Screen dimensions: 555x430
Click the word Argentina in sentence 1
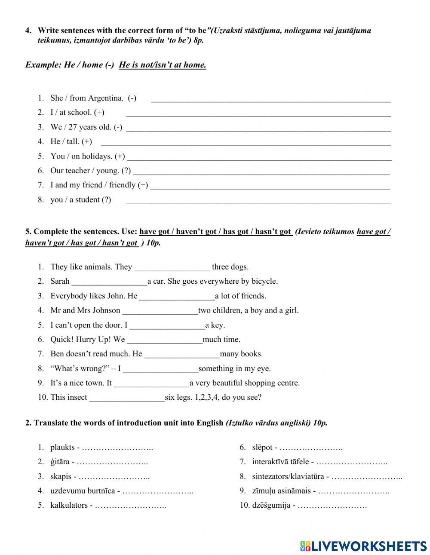pyautogui.click(x=105, y=98)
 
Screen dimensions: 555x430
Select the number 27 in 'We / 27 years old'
pyautogui.click(x=71, y=127)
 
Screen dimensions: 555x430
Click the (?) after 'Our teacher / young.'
pyautogui.click(x=126, y=171)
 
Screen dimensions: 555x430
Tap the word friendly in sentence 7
pyautogui.click(x=122, y=185)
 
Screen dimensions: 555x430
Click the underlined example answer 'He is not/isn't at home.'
pyautogui.click(x=163, y=65)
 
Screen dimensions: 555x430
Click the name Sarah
pyautogui.click(x=60, y=281)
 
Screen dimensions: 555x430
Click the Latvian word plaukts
pyautogui.click(x=62, y=448)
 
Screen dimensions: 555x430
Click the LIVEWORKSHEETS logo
pyautogui.click(x=363, y=546)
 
